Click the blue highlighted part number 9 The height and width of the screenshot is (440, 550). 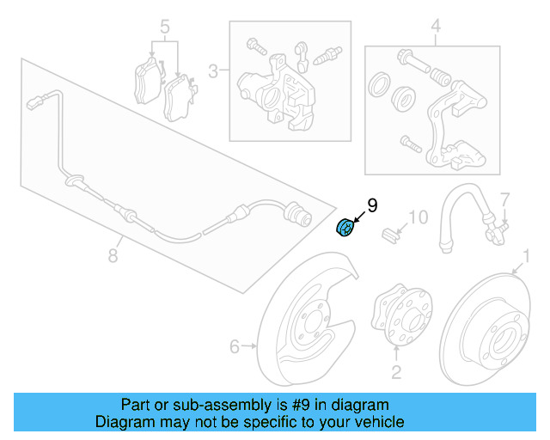coord(345,228)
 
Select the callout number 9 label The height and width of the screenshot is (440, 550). coord(372,205)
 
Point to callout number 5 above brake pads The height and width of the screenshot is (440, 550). coord(164,27)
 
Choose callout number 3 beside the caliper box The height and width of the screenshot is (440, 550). coord(212,70)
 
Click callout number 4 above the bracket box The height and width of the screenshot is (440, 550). coord(435,27)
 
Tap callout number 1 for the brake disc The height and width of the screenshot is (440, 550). coord(525,254)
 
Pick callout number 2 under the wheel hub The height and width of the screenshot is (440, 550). coord(396,371)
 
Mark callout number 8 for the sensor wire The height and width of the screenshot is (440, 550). coord(113,255)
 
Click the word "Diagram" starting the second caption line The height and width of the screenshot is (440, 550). coord(122,422)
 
